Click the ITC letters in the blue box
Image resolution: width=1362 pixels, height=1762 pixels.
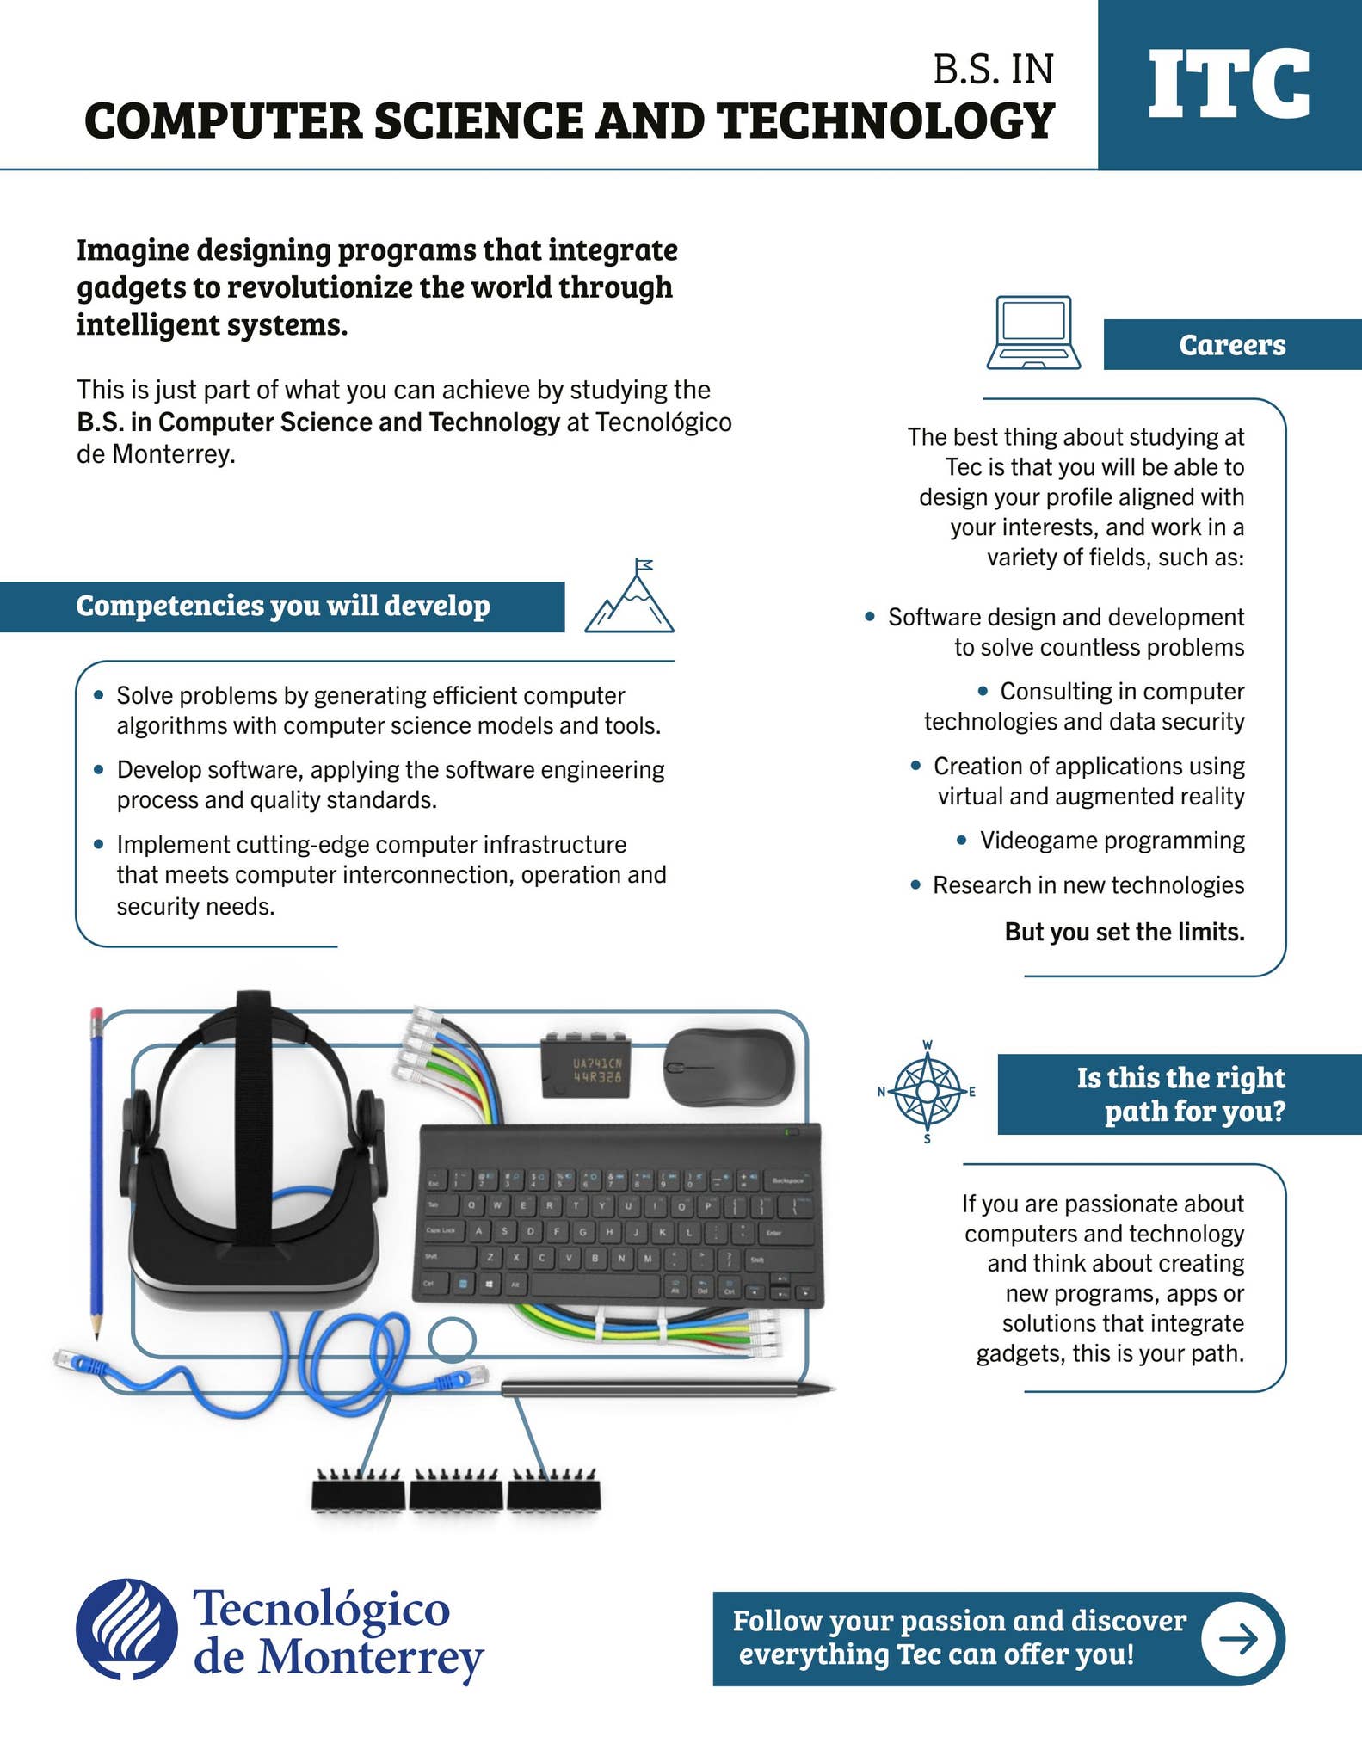coord(1229,84)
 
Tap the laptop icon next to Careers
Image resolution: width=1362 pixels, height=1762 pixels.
coord(1033,333)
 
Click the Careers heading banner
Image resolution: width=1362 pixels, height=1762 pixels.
coord(1231,345)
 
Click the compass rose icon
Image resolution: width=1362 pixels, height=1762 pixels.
coord(927,1092)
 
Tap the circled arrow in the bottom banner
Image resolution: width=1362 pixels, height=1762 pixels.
coord(1237,1639)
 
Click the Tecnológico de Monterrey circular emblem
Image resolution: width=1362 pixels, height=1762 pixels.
coord(126,1630)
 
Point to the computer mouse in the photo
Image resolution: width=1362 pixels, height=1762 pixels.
coord(728,1067)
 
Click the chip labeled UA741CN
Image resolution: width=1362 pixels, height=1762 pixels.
coord(585,1067)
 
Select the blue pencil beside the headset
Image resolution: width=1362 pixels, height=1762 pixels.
coord(96,1170)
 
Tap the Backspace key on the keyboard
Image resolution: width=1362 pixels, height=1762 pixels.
coord(786,1180)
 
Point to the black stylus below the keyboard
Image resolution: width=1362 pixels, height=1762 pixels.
coord(667,1388)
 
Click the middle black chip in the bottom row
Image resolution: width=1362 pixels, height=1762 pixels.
coord(455,1493)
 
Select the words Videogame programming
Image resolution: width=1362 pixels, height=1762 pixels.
coord(1112,841)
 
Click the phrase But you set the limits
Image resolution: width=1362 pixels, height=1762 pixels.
coord(1124,932)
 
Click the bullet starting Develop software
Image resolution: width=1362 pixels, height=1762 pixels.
coord(390,784)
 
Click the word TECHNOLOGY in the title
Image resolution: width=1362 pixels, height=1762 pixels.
coord(885,120)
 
